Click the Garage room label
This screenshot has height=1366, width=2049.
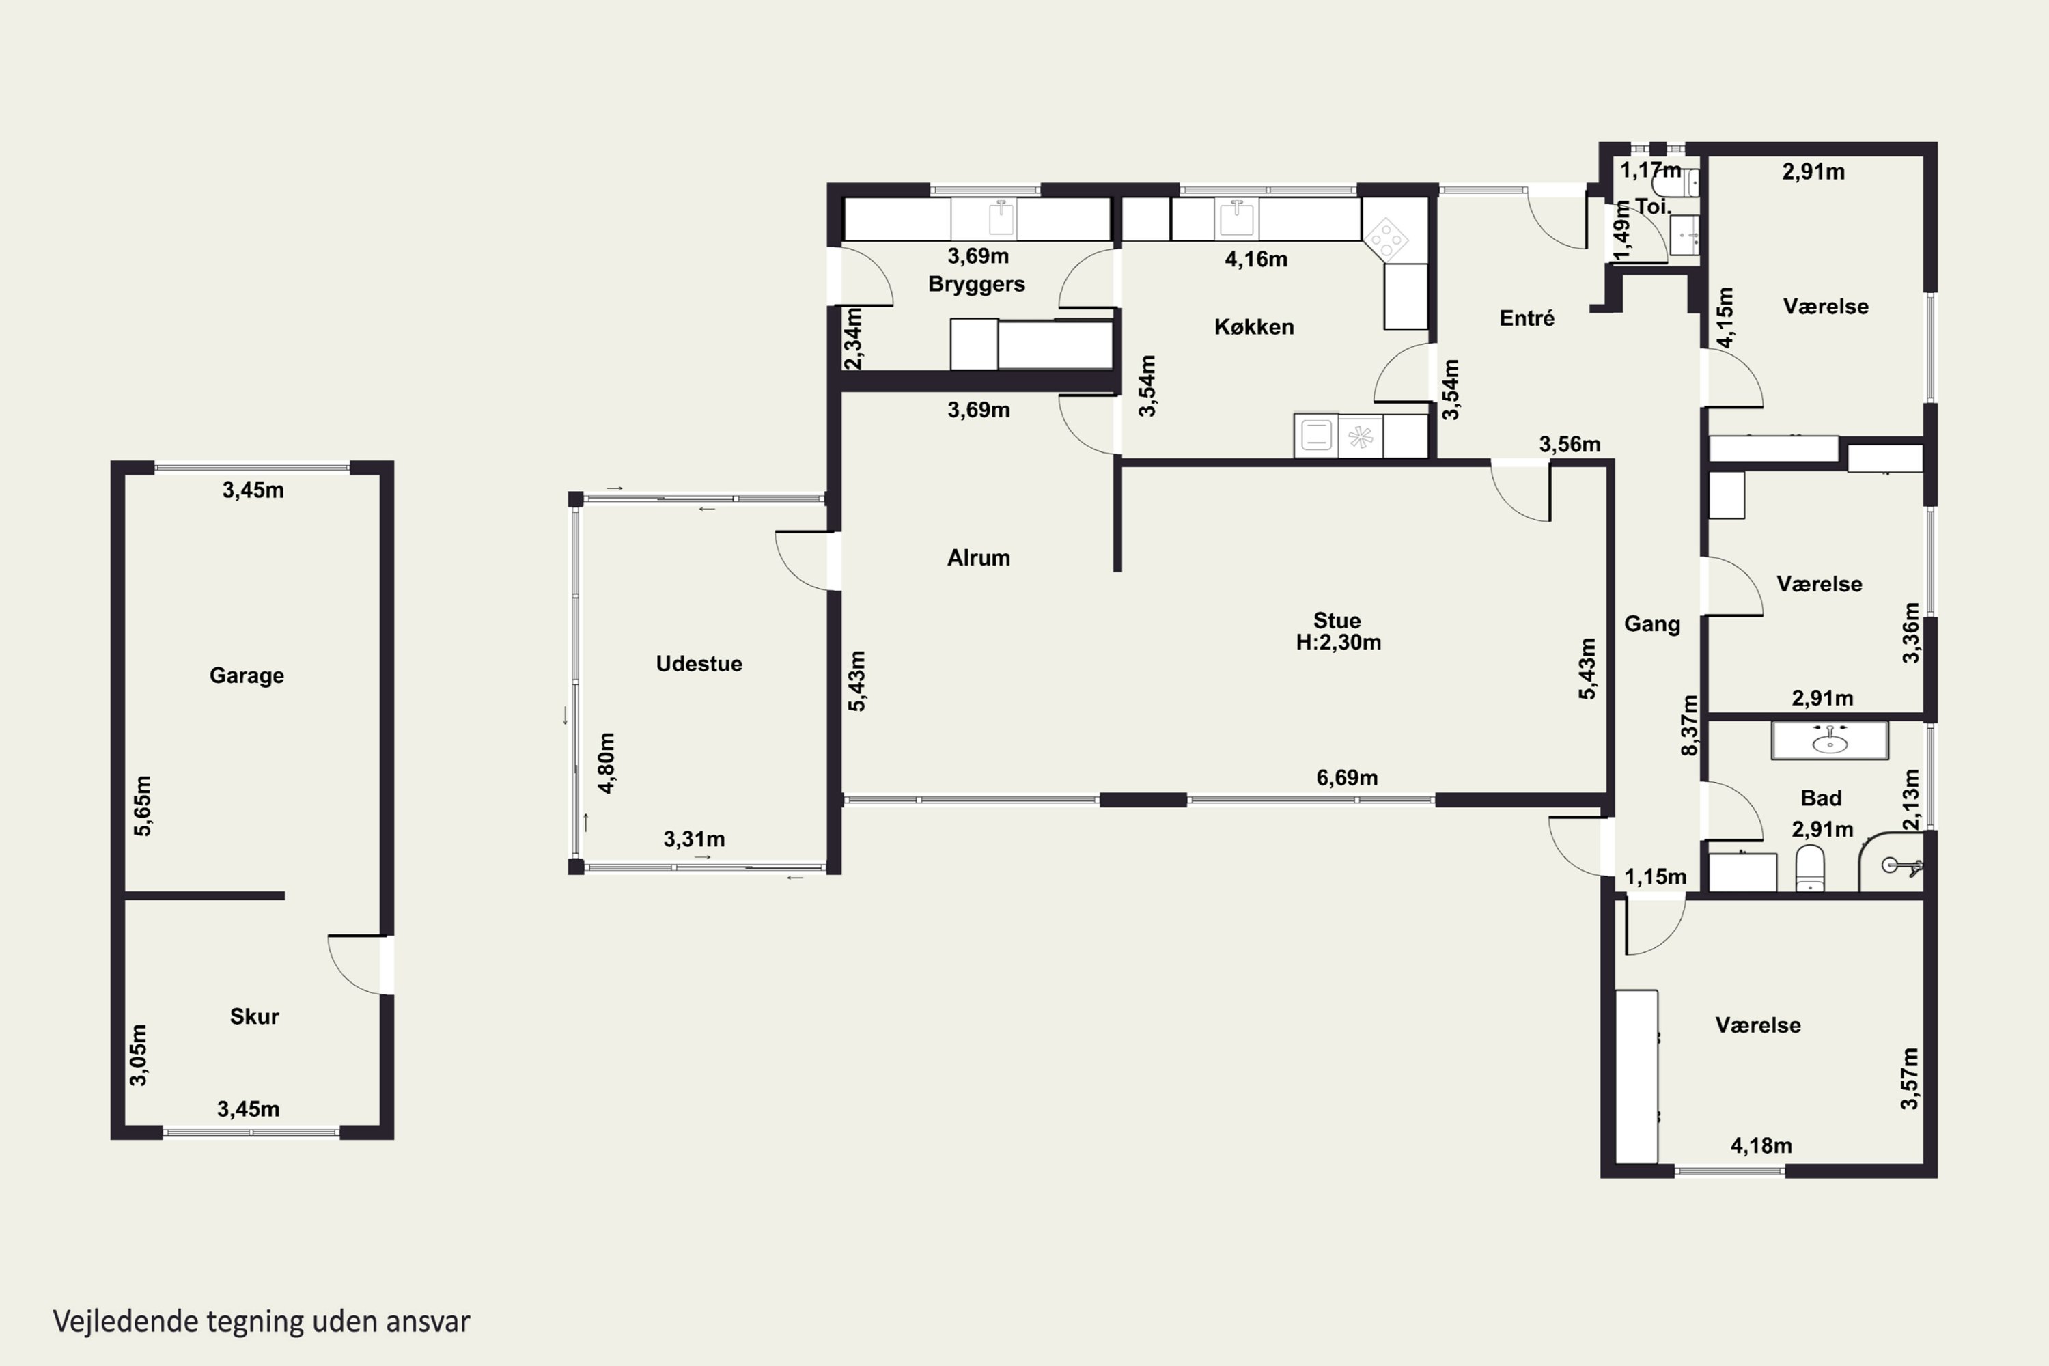click(x=247, y=675)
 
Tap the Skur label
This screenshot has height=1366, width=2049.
click(x=254, y=1016)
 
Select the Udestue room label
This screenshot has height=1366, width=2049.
click(x=699, y=663)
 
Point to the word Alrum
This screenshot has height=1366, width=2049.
click(x=978, y=557)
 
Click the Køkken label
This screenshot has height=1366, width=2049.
click(x=1253, y=326)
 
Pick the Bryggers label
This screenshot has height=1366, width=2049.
click(x=976, y=284)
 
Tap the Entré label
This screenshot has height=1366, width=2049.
click(x=1527, y=318)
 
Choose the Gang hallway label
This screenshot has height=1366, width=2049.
click(x=1651, y=624)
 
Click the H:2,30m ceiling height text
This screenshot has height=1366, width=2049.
click(x=1338, y=643)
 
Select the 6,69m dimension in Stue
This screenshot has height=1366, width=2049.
click(x=1347, y=777)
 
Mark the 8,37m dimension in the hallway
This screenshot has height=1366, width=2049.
click(x=1689, y=725)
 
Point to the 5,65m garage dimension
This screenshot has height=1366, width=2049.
click(x=142, y=806)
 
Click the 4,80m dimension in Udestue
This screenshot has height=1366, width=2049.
click(x=607, y=763)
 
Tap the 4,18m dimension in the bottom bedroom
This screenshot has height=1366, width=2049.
click(x=1761, y=1145)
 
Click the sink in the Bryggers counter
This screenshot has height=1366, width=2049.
click(x=1002, y=218)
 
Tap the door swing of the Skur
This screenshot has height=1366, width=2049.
click(x=353, y=965)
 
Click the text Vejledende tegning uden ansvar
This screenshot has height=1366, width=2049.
click(x=262, y=1322)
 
